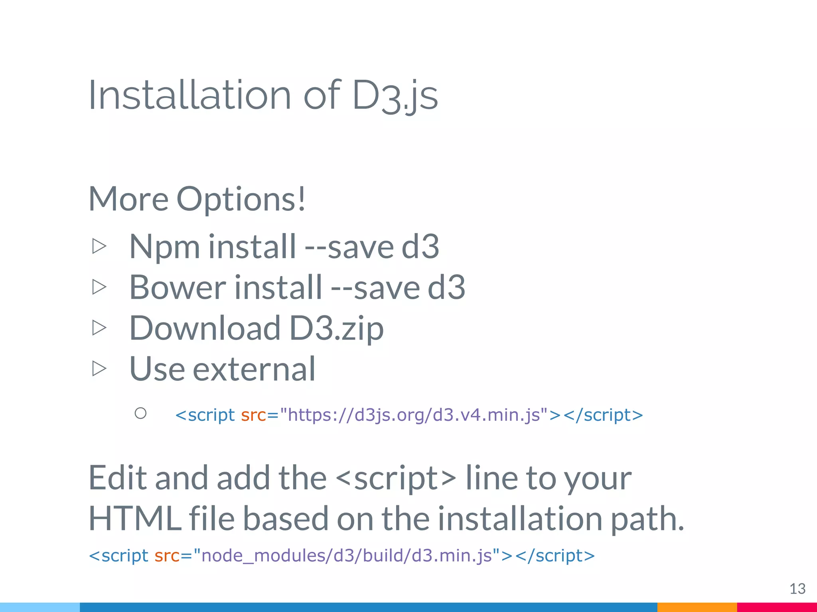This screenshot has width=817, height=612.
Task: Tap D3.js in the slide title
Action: point(395,96)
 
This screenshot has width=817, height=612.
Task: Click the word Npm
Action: point(164,247)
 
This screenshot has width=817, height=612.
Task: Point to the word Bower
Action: point(178,287)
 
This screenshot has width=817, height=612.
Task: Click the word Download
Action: point(205,328)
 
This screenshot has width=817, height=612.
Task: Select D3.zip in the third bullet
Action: point(336,329)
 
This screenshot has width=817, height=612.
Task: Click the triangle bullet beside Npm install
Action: point(99,246)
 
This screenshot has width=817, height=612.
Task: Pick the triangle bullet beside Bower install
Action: point(99,287)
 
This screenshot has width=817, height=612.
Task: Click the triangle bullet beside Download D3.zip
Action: point(99,328)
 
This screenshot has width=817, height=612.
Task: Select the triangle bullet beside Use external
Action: point(99,368)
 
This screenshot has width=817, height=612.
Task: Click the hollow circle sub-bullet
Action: point(140,413)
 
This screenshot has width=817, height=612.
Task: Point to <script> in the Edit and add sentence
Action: point(396,478)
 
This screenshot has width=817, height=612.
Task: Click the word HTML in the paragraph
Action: point(134,518)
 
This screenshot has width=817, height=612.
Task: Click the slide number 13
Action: point(797,588)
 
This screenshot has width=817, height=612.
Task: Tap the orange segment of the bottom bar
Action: point(697,607)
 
